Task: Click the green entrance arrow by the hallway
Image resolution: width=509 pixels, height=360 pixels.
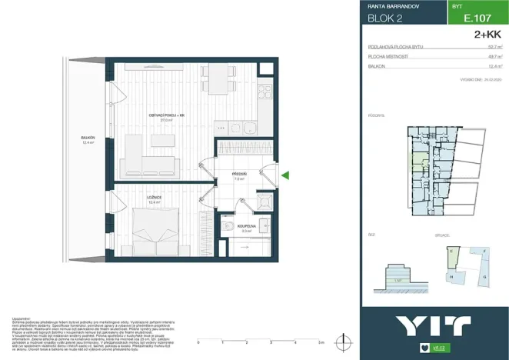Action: (x=285, y=176)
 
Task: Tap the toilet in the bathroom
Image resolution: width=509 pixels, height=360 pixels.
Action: (x=231, y=227)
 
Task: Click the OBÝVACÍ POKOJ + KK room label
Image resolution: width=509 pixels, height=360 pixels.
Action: (x=166, y=115)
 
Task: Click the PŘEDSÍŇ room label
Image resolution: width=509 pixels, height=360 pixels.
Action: (x=238, y=175)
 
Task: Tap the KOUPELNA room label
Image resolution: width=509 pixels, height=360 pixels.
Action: (x=246, y=226)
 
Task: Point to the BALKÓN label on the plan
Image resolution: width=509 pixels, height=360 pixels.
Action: (x=88, y=138)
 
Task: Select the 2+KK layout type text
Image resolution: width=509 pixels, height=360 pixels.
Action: (x=488, y=34)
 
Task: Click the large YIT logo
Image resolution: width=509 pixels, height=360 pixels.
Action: (x=434, y=326)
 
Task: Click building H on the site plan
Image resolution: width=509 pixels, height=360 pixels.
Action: (x=451, y=275)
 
